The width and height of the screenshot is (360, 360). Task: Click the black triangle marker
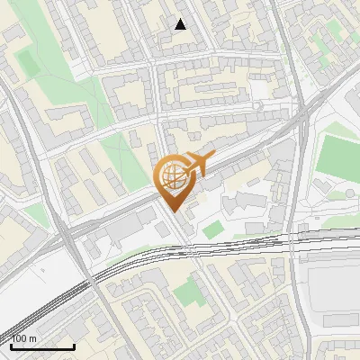[181, 24]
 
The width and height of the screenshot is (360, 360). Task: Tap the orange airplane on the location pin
[196, 163]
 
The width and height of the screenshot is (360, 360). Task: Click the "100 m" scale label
[24, 338]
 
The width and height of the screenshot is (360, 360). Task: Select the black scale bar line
[42, 346]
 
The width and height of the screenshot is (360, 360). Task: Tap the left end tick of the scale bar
[11, 345]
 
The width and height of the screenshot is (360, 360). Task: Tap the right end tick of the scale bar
[74, 345]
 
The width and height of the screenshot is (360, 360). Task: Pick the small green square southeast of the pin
[211, 229]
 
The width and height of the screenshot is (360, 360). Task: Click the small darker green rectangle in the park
[28, 63]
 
